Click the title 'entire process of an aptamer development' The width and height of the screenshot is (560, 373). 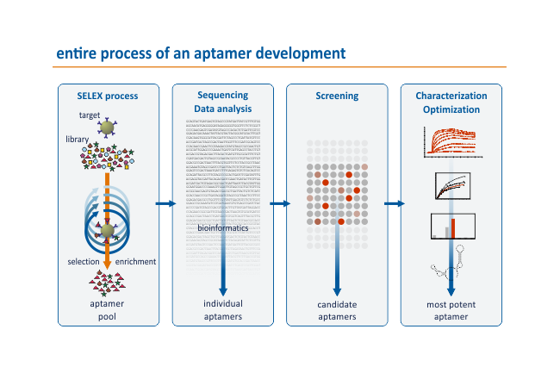coord(201,53)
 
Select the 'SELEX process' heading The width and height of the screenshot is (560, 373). coord(109,96)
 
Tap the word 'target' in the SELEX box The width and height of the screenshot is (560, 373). coord(90,115)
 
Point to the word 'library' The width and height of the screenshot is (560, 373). coord(77,139)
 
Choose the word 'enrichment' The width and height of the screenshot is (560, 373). coord(134,261)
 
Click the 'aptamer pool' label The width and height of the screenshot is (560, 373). coord(109,310)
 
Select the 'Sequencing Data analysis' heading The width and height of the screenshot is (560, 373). coord(222,102)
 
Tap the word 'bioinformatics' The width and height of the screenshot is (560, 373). coord(223,228)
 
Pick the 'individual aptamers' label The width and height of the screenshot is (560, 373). coord(222,310)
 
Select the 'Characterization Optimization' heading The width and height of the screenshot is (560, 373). coord(451,102)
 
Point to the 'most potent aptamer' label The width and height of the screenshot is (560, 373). coord(451,310)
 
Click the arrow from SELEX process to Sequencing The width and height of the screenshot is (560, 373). coord(165,204)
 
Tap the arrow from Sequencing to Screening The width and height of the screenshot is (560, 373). coord(279,204)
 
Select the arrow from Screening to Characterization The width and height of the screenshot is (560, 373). coord(394,204)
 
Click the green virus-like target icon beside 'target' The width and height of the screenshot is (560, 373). coord(108,128)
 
